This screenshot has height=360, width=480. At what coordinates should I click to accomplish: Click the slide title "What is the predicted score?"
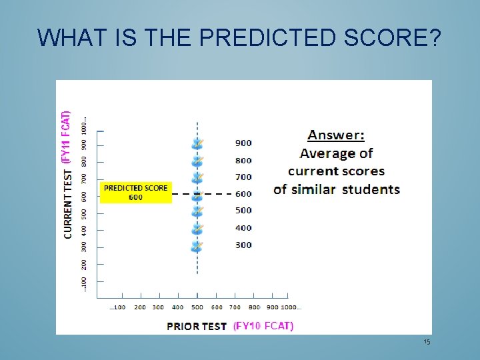click(x=239, y=38)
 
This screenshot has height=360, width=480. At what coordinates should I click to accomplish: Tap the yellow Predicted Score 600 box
click(x=136, y=193)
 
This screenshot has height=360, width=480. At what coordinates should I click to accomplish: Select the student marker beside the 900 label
click(x=197, y=143)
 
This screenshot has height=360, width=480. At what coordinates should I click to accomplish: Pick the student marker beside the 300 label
click(x=197, y=246)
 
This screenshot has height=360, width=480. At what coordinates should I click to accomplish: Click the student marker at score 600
click(x=197, y=195)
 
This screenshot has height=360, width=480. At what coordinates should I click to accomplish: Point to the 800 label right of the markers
click(x=243, y=160)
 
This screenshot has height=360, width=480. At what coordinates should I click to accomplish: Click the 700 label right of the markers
click(x=243, y=177)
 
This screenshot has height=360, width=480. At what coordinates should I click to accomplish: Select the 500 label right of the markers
click(x=243, y=211)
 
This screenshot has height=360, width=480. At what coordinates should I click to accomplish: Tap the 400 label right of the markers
click(x=243, y=228)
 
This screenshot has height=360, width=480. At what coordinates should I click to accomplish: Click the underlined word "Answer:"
click(x=336, y=135)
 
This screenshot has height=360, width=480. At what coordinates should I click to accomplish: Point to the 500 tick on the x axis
click(x=197, y=307)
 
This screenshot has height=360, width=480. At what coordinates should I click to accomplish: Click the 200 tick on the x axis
click(x=140, y=307)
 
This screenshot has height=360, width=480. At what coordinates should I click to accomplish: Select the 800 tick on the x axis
click(x=254, y=307)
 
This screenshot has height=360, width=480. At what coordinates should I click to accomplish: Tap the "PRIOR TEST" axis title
click(x=197, y=326)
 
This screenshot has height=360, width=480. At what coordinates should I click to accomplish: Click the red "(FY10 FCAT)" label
click(x=263, y=326)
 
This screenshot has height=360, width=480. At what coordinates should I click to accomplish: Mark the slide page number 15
click(x=427, y=342)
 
